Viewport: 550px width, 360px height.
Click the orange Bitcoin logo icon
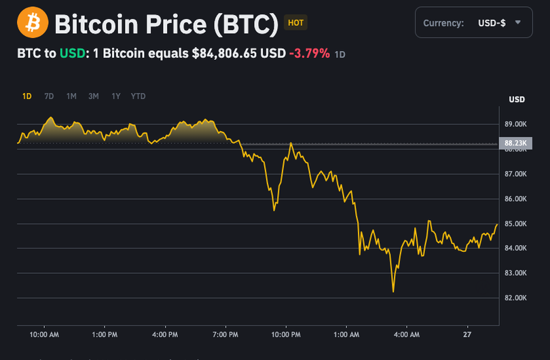pos(33,23)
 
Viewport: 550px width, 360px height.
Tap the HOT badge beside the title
pos(295,23)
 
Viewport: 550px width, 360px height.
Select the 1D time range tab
pos(27,96)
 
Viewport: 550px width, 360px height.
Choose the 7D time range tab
pos(49,96)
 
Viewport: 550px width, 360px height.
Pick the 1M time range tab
pos(71,96)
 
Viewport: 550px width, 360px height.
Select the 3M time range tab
pos(94,96)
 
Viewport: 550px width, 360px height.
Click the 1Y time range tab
pos(116,96)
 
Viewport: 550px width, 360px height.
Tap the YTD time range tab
pos(138,96)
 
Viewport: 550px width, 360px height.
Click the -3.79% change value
pos(310,53)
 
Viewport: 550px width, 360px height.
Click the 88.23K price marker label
pos(516,143)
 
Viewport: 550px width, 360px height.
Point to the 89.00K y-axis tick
pos(516,124)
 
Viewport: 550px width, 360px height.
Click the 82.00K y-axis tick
pos(516,298)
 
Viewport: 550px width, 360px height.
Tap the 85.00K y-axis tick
pos(516,223)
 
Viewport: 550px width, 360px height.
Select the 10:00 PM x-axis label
pos(286,335)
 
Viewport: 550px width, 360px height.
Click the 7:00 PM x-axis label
pos(225,335)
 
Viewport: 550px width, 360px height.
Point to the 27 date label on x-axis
pos(467,335)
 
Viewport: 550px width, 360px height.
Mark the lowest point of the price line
pos(393,292)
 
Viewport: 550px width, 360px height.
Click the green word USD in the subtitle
pos(71,53)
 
